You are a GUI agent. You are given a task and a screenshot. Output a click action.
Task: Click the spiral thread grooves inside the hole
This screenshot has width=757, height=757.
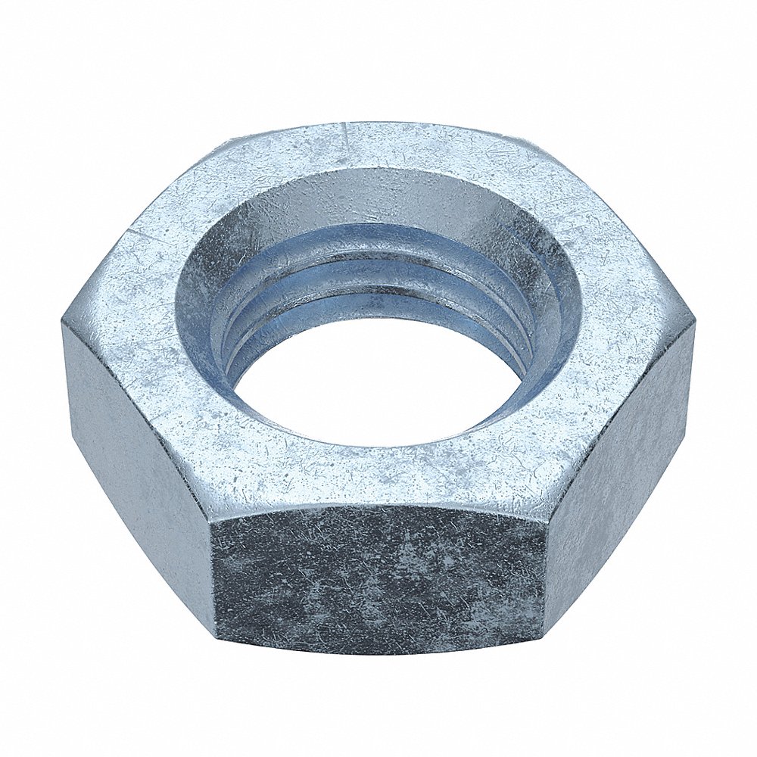(x=378, y=280)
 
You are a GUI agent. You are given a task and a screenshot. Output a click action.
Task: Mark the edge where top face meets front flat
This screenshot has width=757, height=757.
(x=378, y=506)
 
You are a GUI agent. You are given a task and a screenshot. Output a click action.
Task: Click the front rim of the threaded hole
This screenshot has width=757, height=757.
(x=378, y=447)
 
